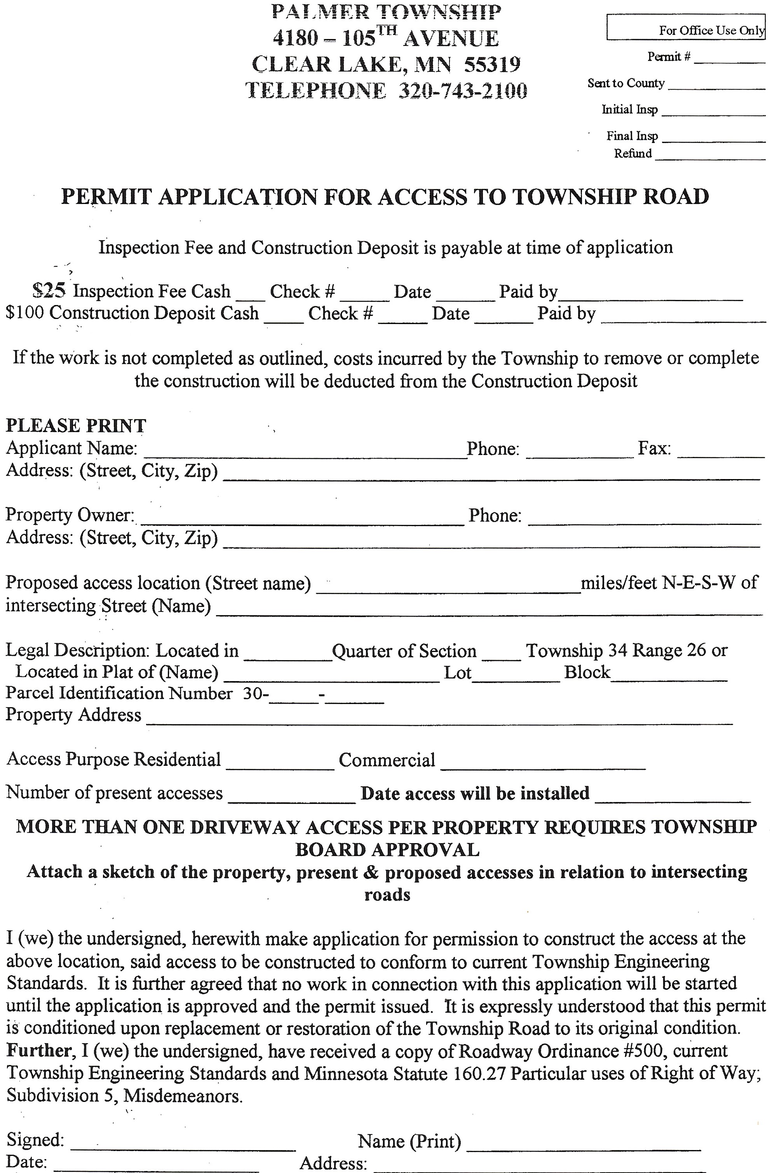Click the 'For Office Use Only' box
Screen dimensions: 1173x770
point(685,28)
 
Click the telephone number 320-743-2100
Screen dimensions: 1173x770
point(462,91)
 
